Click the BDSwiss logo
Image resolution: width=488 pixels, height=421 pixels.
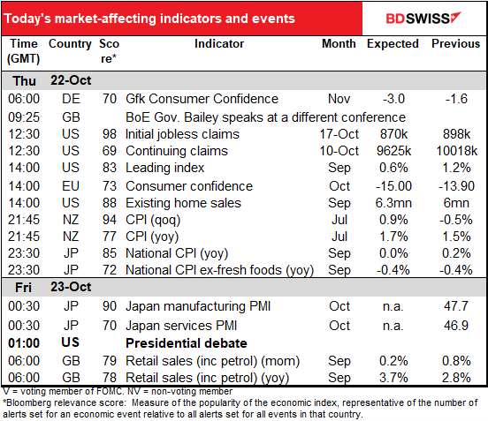tap(423, 18)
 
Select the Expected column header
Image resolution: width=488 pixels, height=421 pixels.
tap(393, 44)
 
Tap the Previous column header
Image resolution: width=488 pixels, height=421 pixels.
tap(455, 43)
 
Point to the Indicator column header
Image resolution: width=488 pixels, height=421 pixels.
tap(219, 43)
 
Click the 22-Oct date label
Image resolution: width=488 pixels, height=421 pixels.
tap(71, 80)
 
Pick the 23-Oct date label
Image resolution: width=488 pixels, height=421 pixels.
tap(71, 287)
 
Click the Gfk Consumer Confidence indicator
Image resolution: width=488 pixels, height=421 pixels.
tap(202, 99)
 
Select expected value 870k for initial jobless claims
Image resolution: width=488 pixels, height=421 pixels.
tap(393, 134)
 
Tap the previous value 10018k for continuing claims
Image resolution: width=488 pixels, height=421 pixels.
tap(456, 151)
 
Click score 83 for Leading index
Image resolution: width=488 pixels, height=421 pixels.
tap(110, 168)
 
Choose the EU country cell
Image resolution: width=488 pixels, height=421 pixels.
tap(71, 186)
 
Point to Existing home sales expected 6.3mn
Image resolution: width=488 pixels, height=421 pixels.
tap(393, 203)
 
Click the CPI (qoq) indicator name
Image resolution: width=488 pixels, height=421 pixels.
tap(153, 220)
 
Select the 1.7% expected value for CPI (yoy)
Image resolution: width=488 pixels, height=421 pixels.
tap(393, 237)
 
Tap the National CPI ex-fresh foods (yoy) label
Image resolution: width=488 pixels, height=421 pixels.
tap(219, 270)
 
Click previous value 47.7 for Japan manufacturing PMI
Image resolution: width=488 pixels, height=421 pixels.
tap(456, 306)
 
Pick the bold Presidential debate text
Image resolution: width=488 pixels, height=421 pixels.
tap(187, 343)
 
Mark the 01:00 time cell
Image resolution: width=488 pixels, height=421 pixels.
tap(24, 343)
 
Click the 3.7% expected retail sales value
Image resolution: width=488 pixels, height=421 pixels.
tap(393, 378)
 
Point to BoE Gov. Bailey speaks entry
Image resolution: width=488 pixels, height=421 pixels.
tap(265, 117)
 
